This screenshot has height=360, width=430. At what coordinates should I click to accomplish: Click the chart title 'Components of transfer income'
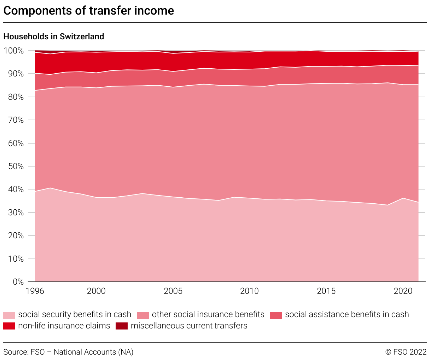tap(89, 11)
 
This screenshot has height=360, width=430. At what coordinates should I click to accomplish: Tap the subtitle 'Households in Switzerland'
tap(54, 36)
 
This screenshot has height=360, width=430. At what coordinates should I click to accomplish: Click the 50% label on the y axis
tap(15, 166)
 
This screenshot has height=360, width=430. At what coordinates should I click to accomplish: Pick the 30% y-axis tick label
tap(15, 213)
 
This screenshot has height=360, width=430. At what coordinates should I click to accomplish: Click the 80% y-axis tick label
tap(15, 97)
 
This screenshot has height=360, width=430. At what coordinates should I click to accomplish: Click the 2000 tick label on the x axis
tap(96, 291)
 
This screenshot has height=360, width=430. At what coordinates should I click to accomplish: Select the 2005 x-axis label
tap(173, 291)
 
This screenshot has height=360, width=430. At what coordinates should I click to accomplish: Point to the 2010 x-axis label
tap(249, 291)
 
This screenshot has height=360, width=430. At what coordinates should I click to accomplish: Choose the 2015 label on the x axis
tap(326, 291)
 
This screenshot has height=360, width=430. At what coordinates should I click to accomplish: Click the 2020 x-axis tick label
tap(403, 291)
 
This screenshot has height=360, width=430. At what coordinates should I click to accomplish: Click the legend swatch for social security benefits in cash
tap(9, 315)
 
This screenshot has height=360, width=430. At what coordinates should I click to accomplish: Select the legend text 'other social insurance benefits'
tap(208, 315)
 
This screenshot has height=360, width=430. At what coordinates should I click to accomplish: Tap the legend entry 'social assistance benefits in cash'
tap(347, 315)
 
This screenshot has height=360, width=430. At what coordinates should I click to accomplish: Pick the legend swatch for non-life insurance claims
tap(9, 326)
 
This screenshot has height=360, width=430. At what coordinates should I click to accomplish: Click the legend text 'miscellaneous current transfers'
tap(189, 326)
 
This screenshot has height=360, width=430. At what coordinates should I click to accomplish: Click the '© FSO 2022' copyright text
tap(406, 352)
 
